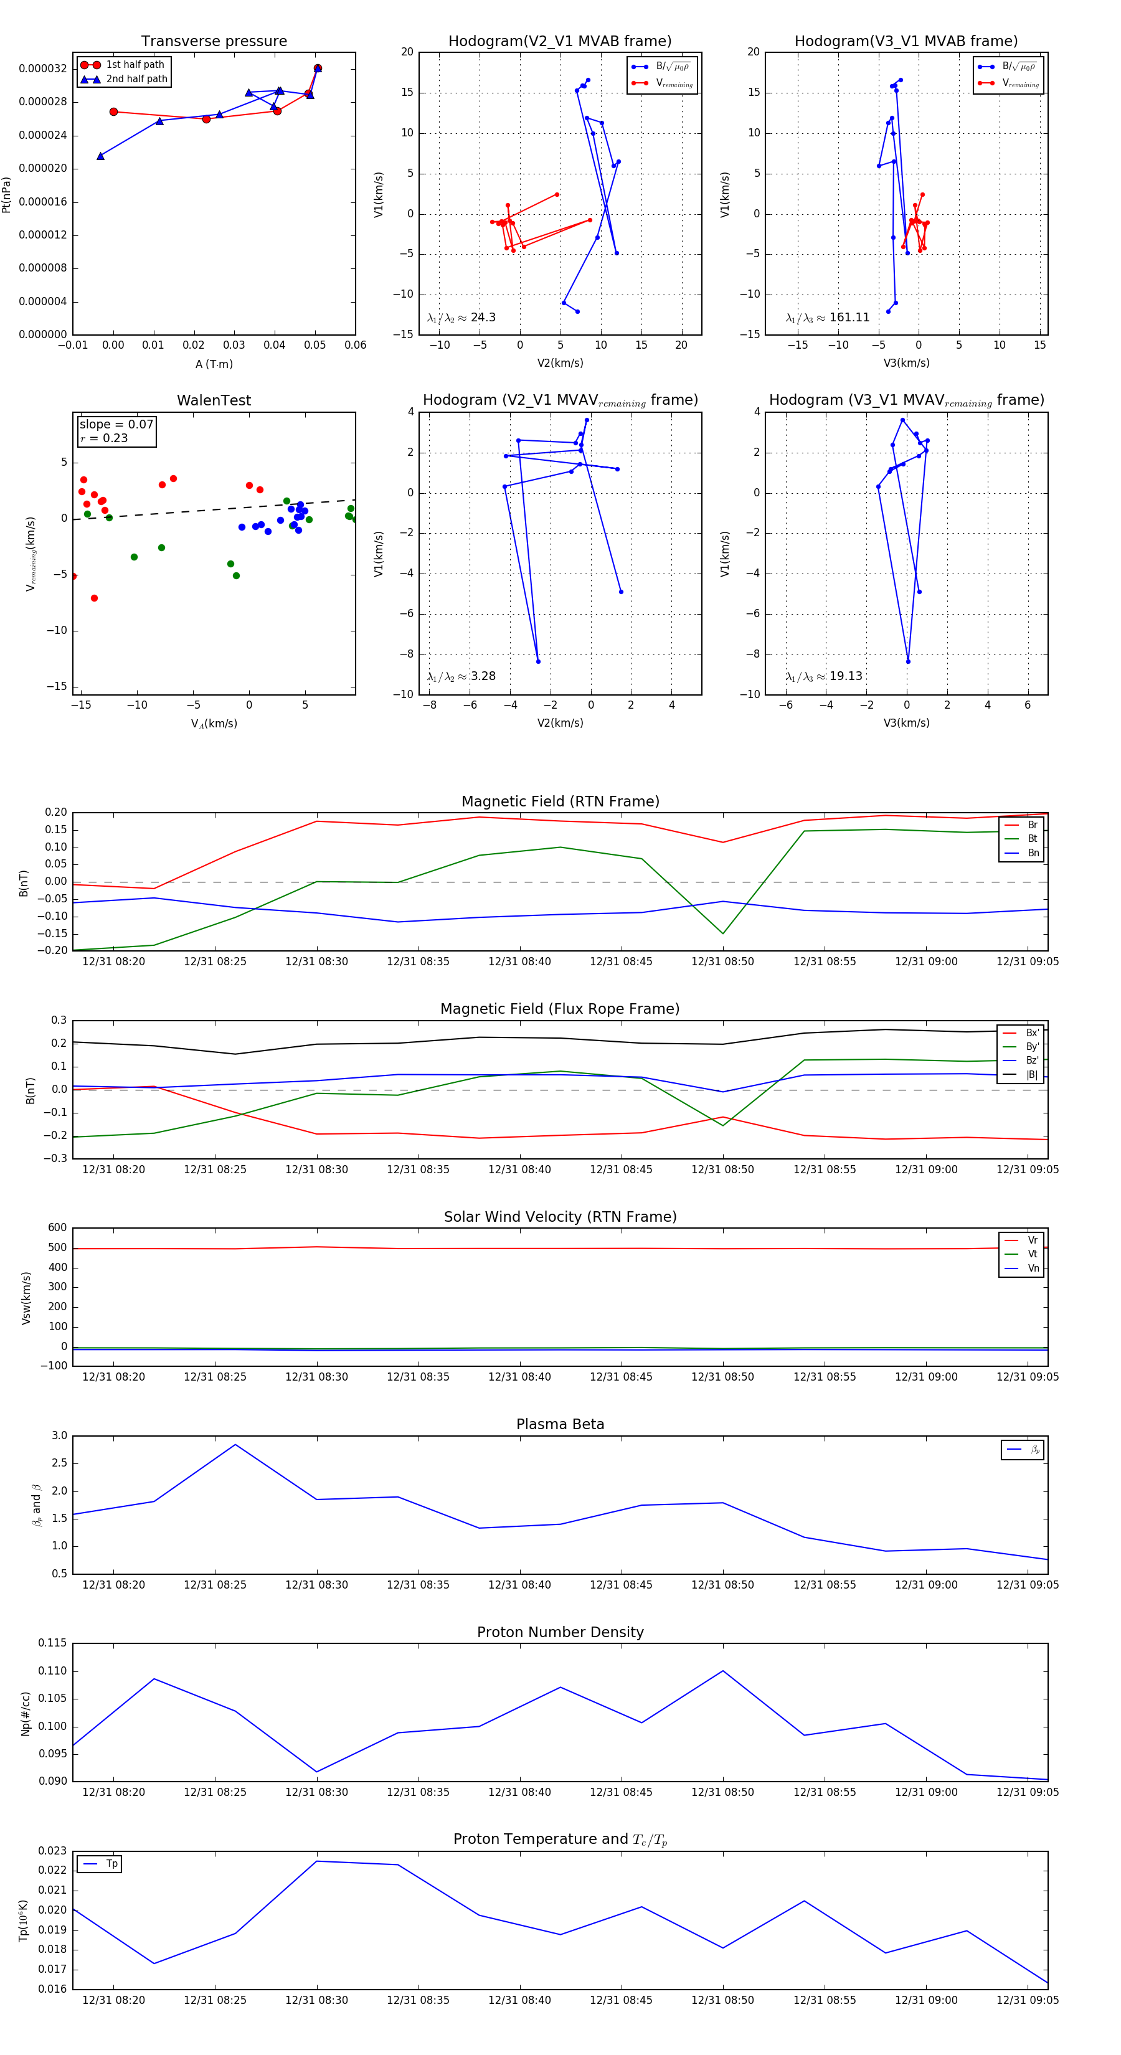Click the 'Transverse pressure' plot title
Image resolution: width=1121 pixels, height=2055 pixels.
[214, 42]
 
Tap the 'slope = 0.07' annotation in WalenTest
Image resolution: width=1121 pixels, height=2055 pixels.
[116, 425]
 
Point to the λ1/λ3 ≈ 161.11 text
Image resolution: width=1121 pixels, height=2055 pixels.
[828, 318]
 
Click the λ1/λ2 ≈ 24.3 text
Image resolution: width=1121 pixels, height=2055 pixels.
[461, 318]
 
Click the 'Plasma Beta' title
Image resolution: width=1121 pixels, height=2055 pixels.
[560, 1424]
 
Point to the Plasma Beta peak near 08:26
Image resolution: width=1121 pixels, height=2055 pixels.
[235, 1445]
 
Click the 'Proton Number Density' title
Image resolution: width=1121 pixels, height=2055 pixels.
[560, 1632]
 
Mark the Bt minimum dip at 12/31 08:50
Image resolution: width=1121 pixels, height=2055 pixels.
[723, 933]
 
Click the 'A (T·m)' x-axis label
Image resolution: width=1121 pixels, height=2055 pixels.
[214, 364]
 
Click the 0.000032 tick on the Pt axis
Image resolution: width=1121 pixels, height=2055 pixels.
[43, 68]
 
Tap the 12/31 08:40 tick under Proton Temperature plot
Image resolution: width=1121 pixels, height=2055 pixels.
[519, 2000]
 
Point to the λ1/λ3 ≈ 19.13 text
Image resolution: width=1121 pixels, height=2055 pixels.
[823, 676]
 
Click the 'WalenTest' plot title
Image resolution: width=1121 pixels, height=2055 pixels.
[214, 400]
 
